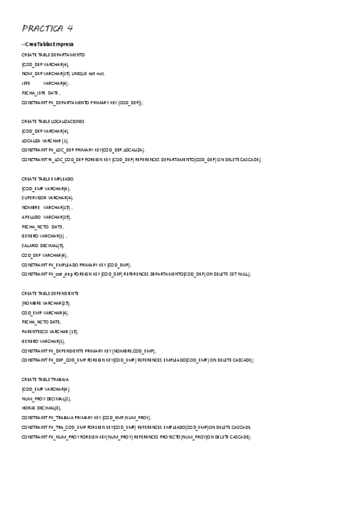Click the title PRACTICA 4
pyautogui.click(x=47, y=28)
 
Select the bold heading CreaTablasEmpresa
pyautogui.click(x=47, y=45)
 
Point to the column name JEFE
pyautogui.click(x=26, y=83)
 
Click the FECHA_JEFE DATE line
pyautogui.click(x=40, y=93)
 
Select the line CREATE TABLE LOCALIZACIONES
pyautogui.click(x=53, y=121)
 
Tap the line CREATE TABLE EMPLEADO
pyautogui.click(x=47, y=179)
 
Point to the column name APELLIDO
pyautogui.click(x=31, y=217)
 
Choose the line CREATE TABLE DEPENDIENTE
pyautogui.click(x=50, y=293)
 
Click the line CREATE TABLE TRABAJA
pyautogui.click(x=45, y=379)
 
